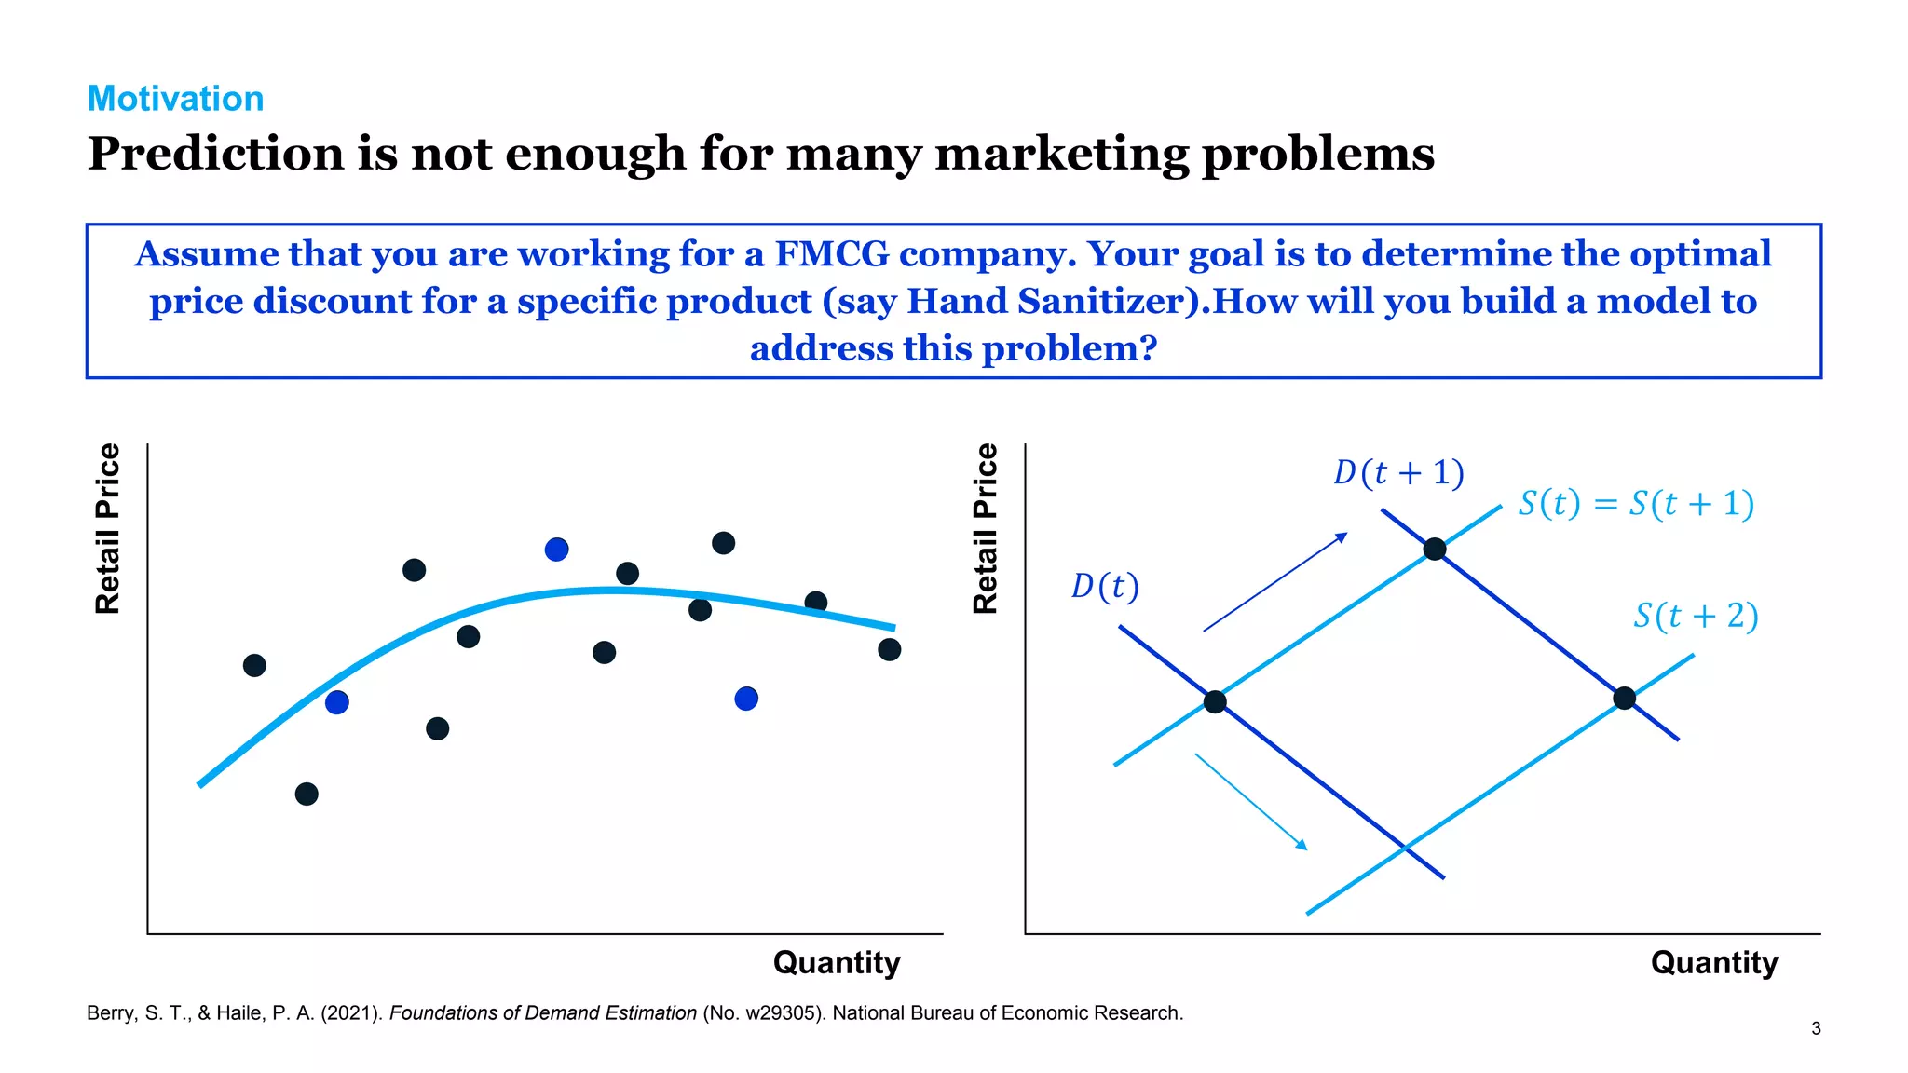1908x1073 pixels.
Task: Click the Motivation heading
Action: coord(175,99)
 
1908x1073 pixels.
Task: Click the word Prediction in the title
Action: coord(215,154)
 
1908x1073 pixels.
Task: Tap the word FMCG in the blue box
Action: coord(831,254)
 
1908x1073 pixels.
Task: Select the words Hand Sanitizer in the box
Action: coord(1044,302)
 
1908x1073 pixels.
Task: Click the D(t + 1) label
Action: coord(1398,473)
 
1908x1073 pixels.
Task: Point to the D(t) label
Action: coord(1105,587)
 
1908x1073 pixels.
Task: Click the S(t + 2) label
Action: coord(1696,617)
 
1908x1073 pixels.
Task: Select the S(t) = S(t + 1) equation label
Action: coord(1636,504)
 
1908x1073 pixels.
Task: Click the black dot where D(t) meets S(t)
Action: coord(1215,702)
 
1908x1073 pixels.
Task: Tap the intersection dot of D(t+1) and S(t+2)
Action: coord(1624,699)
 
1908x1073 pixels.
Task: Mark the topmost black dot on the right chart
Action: coord(1435,549)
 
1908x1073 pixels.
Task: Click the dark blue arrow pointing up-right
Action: coord(1274,582)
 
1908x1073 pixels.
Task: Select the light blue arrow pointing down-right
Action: coord(1251,802)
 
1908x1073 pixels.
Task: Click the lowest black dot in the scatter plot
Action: coord(307,794)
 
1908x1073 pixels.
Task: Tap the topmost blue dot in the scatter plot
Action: coord(556,550)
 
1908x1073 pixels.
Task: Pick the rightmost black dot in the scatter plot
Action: coord(890,649)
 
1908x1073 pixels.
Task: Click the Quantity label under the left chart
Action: coord(837,962)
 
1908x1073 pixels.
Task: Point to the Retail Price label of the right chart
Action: coord(985,528)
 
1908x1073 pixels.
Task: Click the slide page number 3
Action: coord(1816,1028)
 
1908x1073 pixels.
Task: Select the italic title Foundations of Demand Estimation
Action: coord(542,1013)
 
